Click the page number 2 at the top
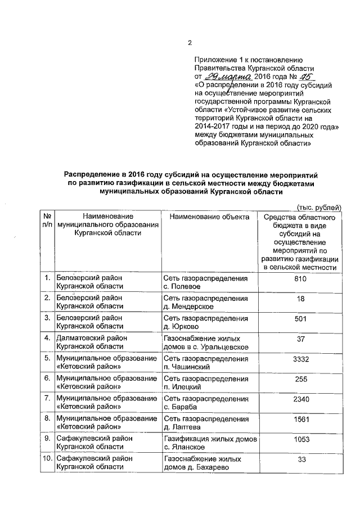tap(190, 43)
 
